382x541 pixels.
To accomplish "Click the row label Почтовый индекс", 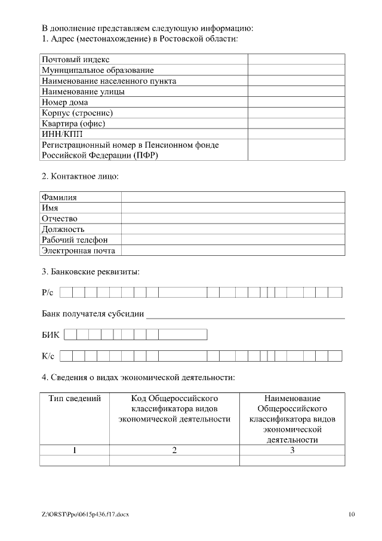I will click(x=75, y=60).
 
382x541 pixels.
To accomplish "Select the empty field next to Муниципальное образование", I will click(x=296, y=70).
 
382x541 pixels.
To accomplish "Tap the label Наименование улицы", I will click(x=82, y=91).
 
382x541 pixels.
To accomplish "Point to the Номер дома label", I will click(x=64, y=102).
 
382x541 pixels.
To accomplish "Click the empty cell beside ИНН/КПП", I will click(x=296, y=134).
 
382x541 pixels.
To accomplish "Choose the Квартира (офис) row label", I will click(x=73, y=124).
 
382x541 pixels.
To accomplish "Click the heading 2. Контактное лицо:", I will click(x=80, y=176).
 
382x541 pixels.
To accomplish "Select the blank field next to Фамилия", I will click(x=233, y=197).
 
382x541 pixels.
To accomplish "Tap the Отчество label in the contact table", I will click(x=59, y=219).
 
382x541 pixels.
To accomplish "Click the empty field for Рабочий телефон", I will click(x=233, y=240).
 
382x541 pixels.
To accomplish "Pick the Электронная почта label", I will click(x=78, y=250).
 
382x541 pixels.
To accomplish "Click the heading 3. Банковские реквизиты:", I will click(x=90, y=272).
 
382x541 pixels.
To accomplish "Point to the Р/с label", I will click(x=48, y=293).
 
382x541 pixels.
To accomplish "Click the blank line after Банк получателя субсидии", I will click(x=245, y=314).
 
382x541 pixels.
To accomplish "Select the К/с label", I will click(x=48, y=356).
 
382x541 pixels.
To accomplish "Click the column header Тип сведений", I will click(x=74, y=398).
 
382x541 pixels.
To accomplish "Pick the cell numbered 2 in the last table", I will click(x=174, y=450).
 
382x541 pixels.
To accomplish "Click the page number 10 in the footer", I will click(x=351, y=514).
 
